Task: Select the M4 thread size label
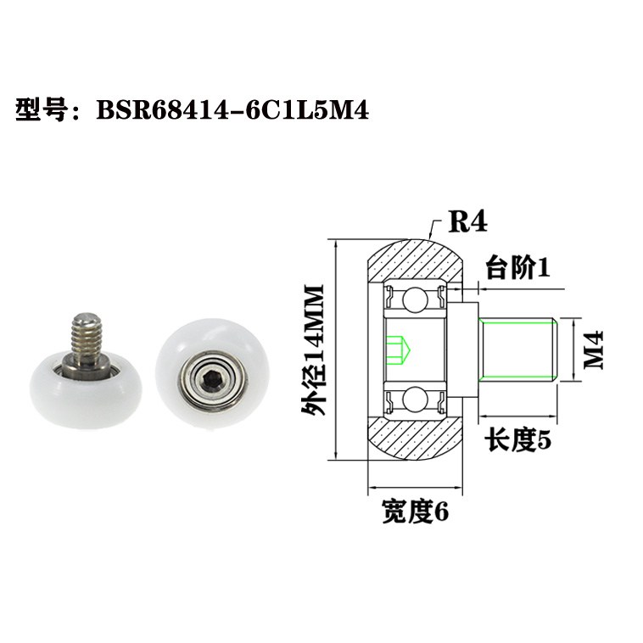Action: [x=594, y=349]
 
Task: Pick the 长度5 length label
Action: [x=518, y=440]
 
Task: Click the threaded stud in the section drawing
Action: [x=518, y=349]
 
